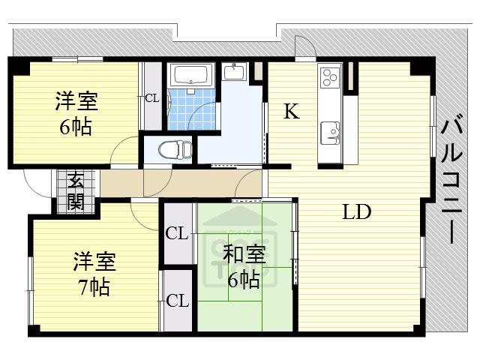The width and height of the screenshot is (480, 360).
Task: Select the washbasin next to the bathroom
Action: click(x=235, y=72)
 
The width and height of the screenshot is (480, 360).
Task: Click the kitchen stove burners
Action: click(x=329, y=77)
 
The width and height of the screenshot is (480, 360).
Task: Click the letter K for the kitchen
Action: click(x=291, y=112)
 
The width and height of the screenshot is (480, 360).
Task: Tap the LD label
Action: click(x=357, y=212)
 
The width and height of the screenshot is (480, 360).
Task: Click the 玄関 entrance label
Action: click(x=76, y=190)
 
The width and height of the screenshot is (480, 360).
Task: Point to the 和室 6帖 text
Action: click(x=244, y=267)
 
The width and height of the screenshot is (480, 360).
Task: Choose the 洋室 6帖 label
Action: click(x=76, y=112)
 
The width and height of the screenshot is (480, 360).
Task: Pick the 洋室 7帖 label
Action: click(x=94, y=274)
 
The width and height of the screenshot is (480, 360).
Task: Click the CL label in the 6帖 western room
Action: click(x=151, y=97)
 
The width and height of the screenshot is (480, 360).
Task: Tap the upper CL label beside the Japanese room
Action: click(x=177, y=233)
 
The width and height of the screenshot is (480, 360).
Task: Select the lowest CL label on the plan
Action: click(x=177, y=301)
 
